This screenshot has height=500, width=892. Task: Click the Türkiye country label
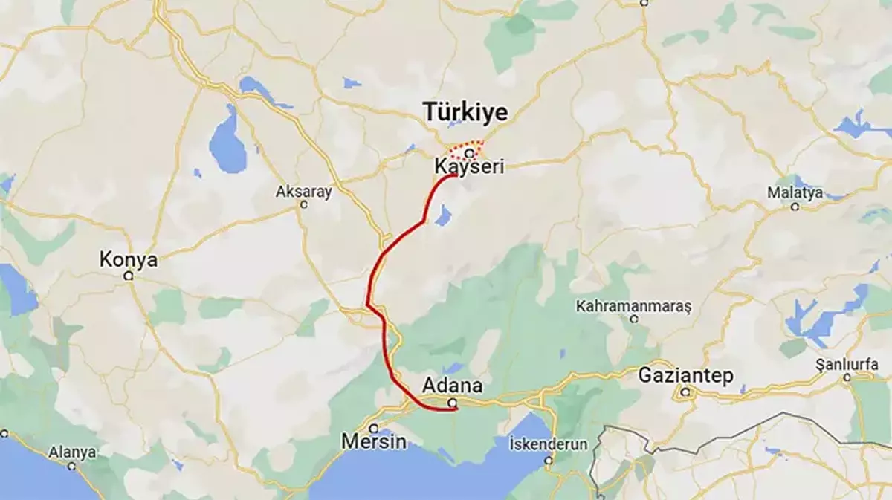point(466,112)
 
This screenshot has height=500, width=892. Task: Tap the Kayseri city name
point(469,168)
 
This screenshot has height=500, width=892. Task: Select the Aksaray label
point(304,191)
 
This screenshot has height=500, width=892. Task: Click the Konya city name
point(129,260)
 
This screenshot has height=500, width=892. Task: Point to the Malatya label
point(796,193)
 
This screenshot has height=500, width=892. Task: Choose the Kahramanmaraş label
point(634,306)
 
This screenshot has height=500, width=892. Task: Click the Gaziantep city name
point(685,376)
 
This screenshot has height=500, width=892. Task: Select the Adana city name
point(452,386)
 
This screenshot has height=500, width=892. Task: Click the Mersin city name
point(374,441)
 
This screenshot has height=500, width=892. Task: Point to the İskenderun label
point(549,444)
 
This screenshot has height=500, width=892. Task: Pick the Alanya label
point(72,452)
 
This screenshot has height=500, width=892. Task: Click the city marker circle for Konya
point(129,276)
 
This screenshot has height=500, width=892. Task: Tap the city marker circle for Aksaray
point(303,204)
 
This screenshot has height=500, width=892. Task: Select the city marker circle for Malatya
point(795,207)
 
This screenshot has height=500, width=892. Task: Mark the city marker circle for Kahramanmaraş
point(634,319)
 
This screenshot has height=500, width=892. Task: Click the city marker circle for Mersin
point(374,428)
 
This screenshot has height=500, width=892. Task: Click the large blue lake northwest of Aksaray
point(227,141)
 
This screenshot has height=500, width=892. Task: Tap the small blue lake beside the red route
point(443,216)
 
